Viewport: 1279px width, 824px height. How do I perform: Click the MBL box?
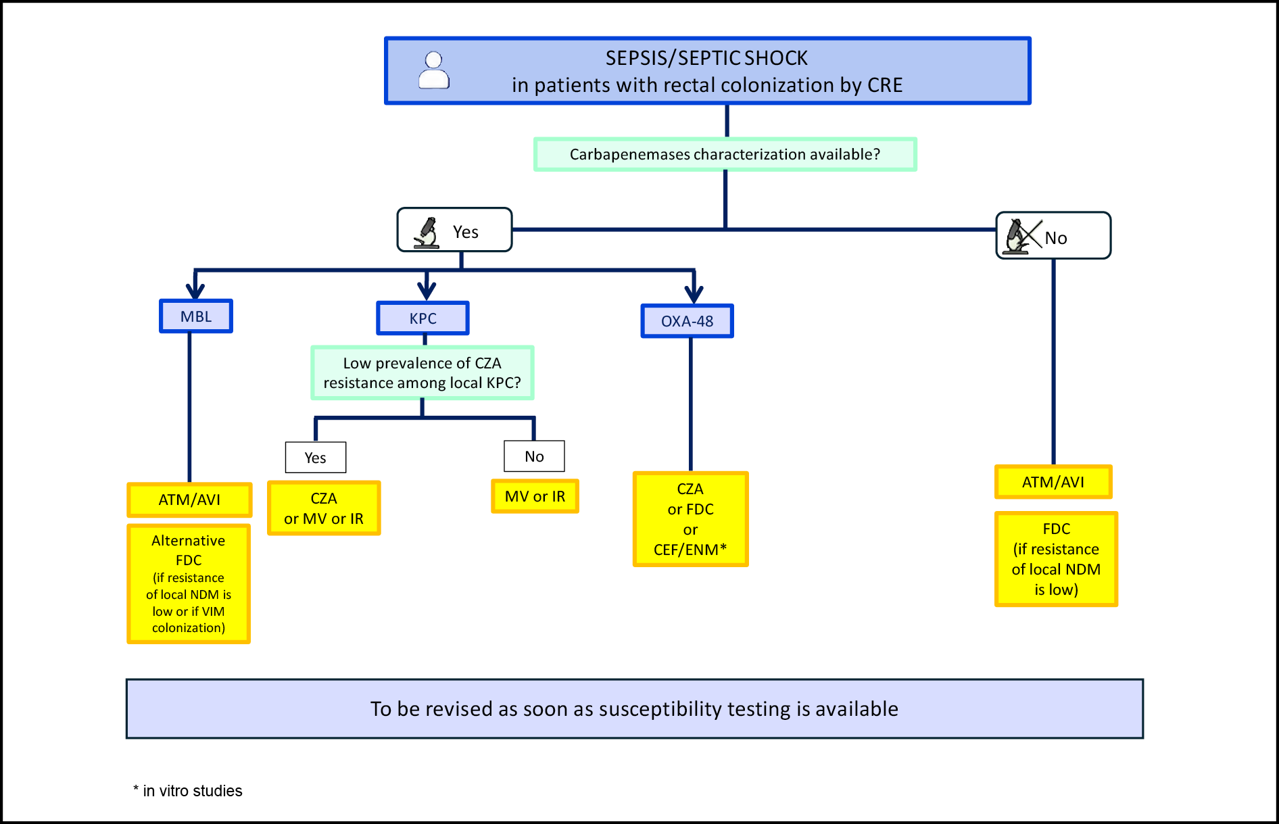196,316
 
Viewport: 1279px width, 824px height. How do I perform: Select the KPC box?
423,318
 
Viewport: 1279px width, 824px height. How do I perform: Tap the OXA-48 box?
687,321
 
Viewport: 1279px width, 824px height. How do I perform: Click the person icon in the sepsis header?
434,70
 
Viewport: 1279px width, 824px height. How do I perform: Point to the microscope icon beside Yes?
427,233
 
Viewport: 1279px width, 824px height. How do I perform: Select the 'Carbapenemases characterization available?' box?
725,154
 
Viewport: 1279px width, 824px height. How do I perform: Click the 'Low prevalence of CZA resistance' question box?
423,372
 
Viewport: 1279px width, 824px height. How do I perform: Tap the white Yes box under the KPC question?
316,458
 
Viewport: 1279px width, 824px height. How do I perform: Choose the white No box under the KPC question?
534,456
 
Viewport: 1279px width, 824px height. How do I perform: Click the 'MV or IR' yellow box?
535,496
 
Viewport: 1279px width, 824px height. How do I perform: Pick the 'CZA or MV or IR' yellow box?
324,508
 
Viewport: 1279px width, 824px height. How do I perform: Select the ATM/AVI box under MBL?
189,500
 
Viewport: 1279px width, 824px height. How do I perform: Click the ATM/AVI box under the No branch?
1053,482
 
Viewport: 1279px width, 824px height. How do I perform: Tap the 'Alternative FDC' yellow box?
189,583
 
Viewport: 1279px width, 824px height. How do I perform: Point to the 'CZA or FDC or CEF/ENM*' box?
690,519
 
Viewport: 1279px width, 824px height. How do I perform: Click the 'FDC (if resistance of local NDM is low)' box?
1056,559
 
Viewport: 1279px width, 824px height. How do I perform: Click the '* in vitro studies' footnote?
187,791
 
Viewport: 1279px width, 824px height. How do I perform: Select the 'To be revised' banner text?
634,708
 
